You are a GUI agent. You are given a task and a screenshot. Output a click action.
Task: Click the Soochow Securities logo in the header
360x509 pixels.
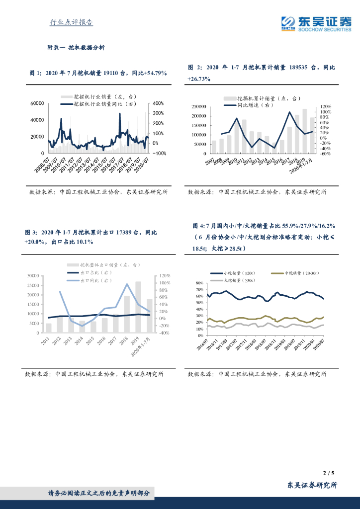coord(316,23)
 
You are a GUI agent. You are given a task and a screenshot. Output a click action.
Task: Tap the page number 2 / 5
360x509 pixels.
coord(329,473)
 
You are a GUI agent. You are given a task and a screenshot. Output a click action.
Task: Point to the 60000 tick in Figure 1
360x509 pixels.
coord(37,103)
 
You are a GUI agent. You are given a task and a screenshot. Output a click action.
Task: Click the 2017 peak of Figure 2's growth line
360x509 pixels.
coord(289,112)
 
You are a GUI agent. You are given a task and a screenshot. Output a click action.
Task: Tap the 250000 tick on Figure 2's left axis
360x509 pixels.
coord(199,106)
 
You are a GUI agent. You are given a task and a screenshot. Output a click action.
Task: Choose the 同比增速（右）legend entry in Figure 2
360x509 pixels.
coord(247,105)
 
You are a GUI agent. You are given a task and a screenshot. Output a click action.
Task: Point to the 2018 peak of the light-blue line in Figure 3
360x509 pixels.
coord(127,284)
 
